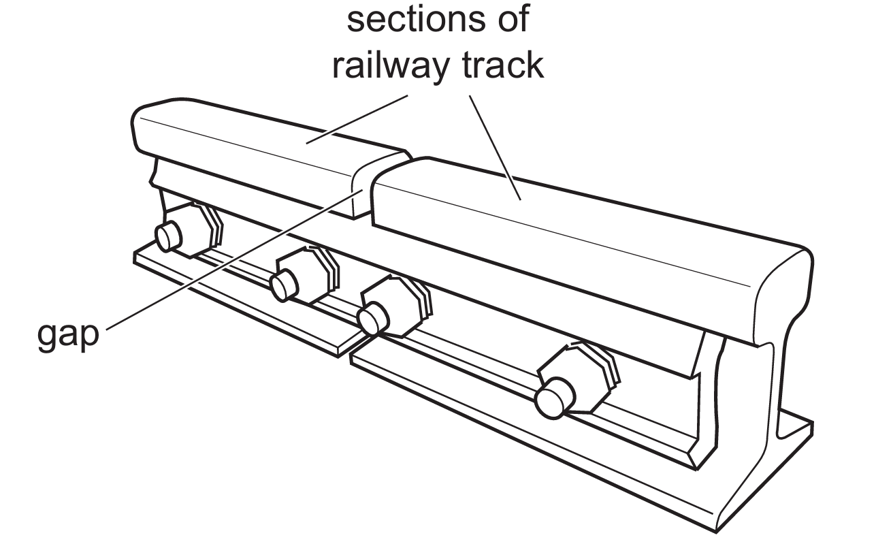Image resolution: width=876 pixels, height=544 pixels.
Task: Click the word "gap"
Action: (x=67, y=334)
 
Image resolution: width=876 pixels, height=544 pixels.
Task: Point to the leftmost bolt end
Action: (x=167, y=236)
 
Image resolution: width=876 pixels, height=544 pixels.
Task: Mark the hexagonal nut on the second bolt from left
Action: (x=310, y=272)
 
